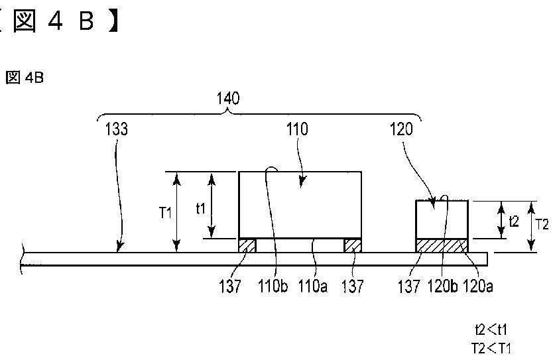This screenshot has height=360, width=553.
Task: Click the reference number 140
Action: point(228,98)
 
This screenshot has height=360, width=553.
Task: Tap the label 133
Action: point(116,130)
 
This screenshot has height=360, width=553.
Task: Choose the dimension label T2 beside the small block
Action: point(542,224)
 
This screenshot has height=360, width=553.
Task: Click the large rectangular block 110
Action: point(300,204)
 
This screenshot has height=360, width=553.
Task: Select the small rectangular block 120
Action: point(442,219)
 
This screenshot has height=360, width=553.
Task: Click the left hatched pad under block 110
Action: point(247,245)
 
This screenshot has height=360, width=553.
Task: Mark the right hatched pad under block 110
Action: point(352,245)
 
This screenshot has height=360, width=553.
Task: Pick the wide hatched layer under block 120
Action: point(442,245)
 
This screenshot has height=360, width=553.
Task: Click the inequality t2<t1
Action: point(491,329)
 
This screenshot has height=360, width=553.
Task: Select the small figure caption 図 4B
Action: point(25,78)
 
